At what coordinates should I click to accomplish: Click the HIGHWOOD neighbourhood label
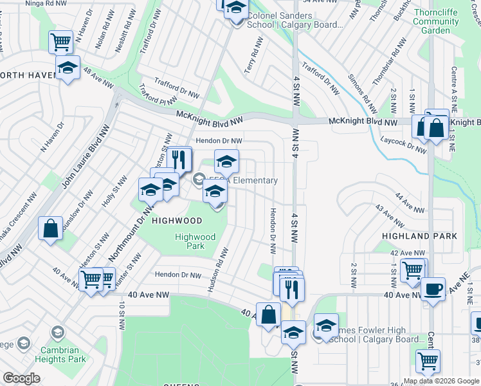[x=177, y=221]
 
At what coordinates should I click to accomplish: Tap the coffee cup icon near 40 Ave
[x=433, y=288]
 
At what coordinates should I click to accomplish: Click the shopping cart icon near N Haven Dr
[x=60, y=42]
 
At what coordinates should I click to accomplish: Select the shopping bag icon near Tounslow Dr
[x=50, y=228]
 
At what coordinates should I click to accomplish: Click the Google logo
[x=21, y=378]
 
